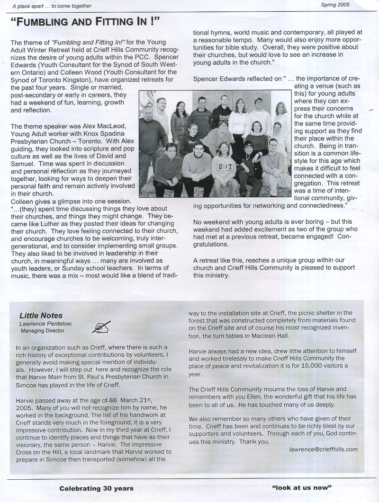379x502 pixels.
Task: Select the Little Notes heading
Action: [x=41, y=316]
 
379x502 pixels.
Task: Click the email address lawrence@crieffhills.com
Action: [x=323, y=449]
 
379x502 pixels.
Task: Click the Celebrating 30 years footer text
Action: [x=97, y=488]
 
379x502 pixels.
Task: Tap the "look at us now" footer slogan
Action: [x=302, y=487]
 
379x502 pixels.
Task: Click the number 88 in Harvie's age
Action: [x=113, y=400]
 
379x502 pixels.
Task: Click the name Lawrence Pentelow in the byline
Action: [x=46, y=324]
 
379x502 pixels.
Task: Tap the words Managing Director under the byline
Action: [x=43, y=331]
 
